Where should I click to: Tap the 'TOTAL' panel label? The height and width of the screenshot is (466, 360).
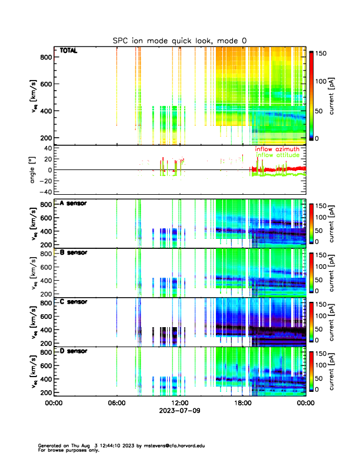point(68,51)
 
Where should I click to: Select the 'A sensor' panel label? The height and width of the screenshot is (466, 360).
point(74,204)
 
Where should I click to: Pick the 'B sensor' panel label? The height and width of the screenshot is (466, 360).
point(74,252)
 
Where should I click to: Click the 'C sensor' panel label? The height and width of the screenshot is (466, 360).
point(74,302)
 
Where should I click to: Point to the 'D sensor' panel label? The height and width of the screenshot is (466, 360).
point(74,351)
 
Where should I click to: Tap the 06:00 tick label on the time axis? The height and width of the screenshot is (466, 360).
point(116,404)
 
